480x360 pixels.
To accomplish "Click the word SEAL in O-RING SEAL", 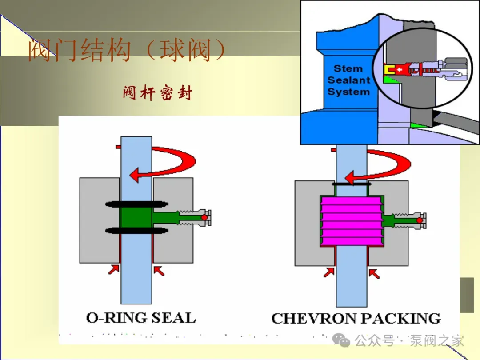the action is (x=174, y=318).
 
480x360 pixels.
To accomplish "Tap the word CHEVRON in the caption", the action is (x=318, y=318).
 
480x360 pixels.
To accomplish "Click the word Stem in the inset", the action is (x=348, y=68).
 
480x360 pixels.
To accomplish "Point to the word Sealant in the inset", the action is (x=349, y=80).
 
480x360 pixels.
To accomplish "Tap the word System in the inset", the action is (x=349, y=92).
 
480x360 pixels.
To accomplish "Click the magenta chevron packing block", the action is (x=352, y=221).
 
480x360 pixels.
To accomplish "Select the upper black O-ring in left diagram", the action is (x=136, y=204).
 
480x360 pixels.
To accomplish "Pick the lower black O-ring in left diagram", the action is (x=136, y=231).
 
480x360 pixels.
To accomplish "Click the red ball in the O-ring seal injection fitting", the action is (x=204, y=218).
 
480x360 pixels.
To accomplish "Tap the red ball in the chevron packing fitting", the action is (x=420, y=220).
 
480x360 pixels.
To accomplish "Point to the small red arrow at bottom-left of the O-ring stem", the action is (x=114, y=270).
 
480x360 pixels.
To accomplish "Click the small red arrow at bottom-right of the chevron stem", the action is (x=374, y=273).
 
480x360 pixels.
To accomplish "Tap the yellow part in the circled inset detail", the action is (x=389, y=70).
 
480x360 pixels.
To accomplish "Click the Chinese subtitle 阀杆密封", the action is (x=157, y=93).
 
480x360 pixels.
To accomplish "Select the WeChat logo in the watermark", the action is (x=341, y=340).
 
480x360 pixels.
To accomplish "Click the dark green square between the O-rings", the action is (x=136, y=217).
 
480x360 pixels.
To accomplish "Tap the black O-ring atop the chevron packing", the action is (x=352, y=184).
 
